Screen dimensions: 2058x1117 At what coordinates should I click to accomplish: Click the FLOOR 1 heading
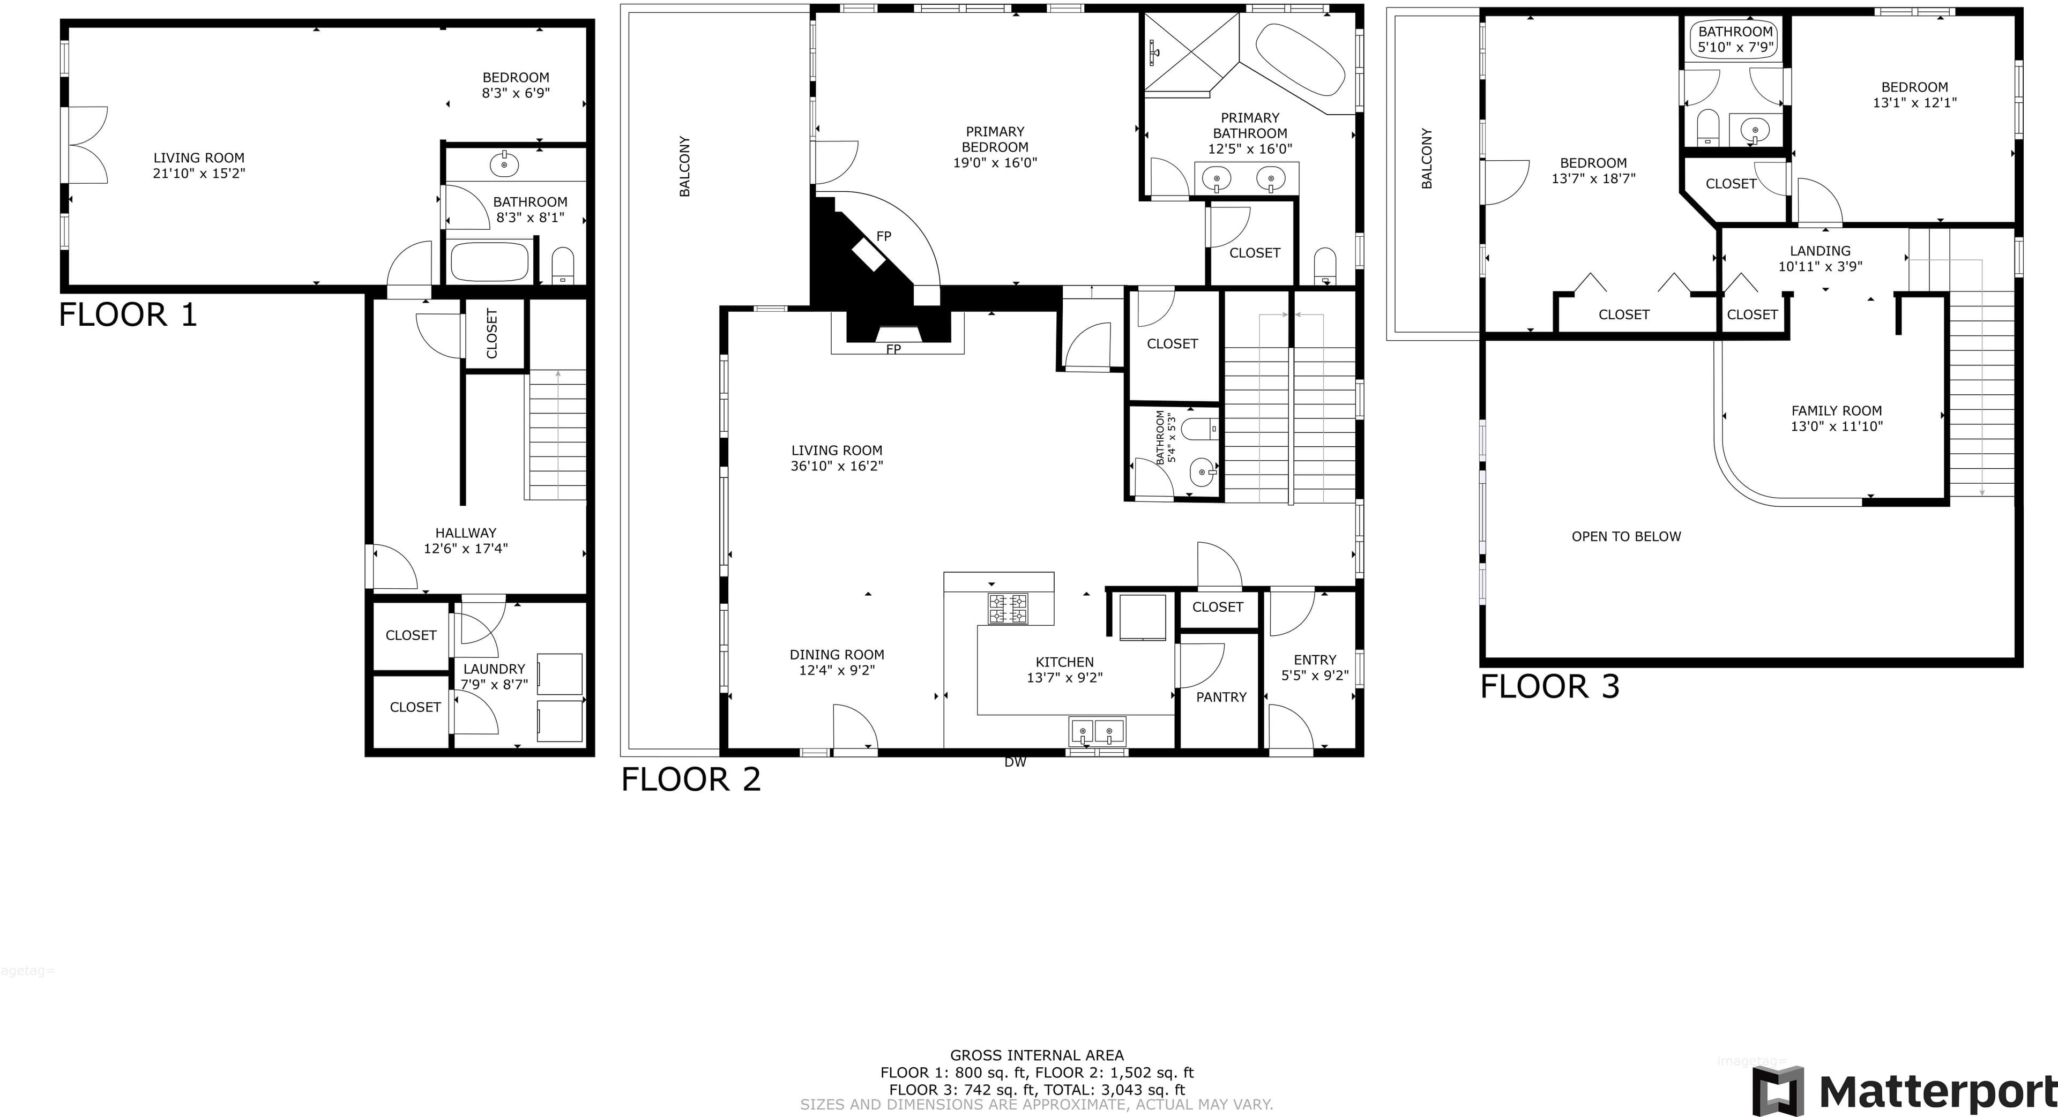128,314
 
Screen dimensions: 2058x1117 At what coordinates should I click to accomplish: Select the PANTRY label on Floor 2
1221,697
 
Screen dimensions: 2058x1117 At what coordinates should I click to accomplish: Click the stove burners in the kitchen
1008,609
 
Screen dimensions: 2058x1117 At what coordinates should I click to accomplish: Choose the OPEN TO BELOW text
1626,537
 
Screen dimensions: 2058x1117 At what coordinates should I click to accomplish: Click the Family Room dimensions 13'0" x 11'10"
1836,426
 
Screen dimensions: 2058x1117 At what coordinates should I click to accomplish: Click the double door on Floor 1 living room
85,145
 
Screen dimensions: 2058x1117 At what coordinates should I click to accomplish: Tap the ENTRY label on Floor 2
1314,661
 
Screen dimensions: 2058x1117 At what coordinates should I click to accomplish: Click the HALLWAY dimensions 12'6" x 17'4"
466,549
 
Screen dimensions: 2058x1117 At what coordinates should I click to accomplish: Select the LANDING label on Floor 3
1820,251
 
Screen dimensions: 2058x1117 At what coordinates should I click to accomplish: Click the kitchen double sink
1097,731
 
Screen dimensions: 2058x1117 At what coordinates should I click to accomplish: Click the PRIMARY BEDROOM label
995,139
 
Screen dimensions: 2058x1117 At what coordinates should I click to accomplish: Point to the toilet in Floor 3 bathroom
1707,128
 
